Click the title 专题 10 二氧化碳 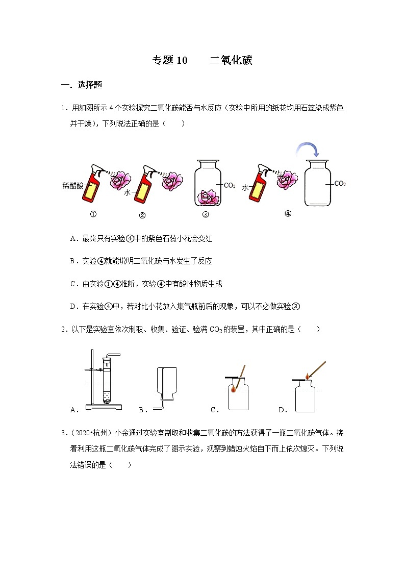pos(202,61)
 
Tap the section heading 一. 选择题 pos(82,85)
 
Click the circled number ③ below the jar pos(206,215)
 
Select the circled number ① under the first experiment pos(93,214)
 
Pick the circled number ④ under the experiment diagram pos(288,214)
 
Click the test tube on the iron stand pos(107,380)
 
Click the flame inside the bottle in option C pos(234,389)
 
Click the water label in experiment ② pos(128,193)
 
